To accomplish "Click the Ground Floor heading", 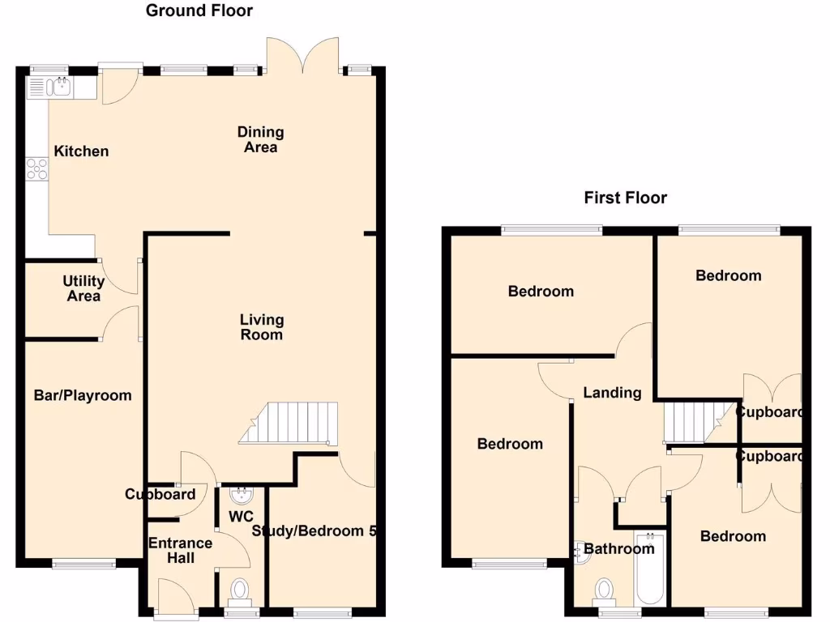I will click(199, 11).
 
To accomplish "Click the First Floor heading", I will click(625, 198).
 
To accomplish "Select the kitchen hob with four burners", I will click(37, 168).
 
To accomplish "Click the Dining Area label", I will click(260, 139).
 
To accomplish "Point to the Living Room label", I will click(261, 326).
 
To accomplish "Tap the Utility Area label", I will click(83, 288).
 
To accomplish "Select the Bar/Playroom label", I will click(82, 395).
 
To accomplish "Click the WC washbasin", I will click(241, 494).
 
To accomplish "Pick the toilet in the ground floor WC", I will click(241, 591).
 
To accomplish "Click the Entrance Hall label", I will click(180, 550).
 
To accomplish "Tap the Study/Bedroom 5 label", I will click(315, 531).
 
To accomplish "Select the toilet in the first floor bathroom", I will click(604, 590).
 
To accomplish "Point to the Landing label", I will click(612, 393).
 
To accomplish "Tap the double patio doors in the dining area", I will click(302, 55).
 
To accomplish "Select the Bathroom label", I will click(619, 549).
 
